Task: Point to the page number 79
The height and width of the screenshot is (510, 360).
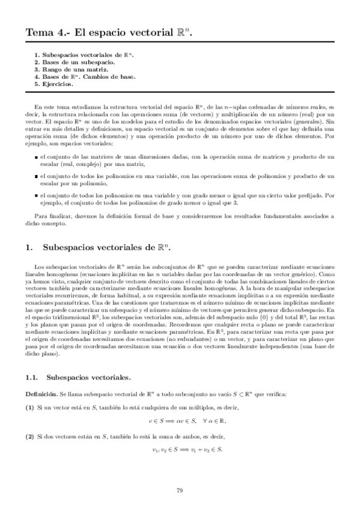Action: pos(180,490)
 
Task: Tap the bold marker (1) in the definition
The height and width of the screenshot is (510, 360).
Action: pos(29,407)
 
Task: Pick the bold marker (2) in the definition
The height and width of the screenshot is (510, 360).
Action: pos(29,434)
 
